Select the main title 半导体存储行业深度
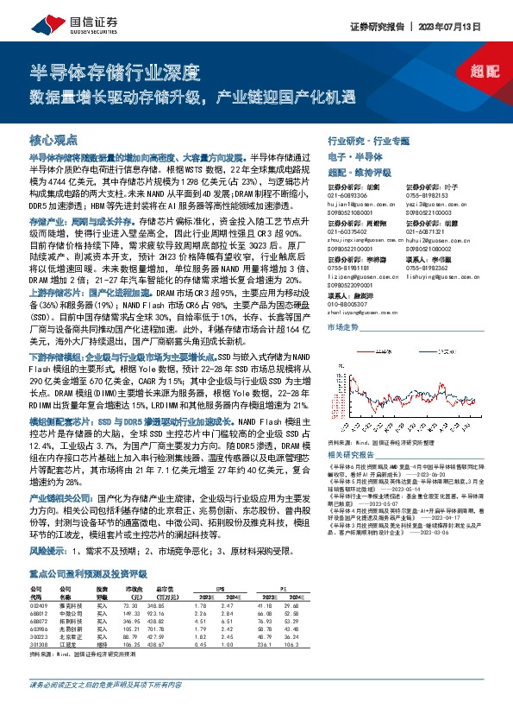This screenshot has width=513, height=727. point(115,71)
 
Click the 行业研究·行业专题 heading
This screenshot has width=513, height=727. point(370,140)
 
